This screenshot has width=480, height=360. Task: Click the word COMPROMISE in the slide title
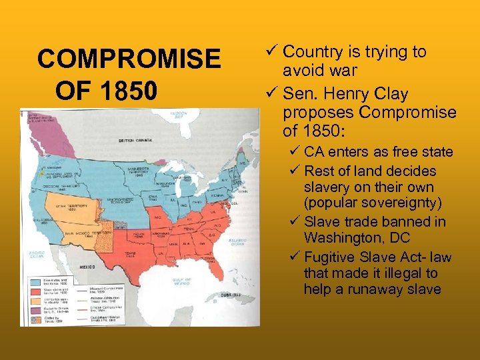click(x=129, y=59)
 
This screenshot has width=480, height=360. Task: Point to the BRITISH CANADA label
click(x=136, y=141)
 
